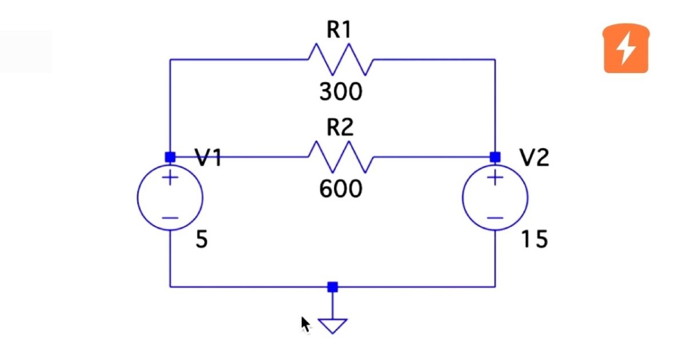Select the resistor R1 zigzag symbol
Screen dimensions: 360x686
coord(341,59)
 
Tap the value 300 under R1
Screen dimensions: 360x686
coord(341,91)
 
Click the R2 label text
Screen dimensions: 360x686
coord(340,129)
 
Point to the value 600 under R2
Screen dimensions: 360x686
coord(341,189)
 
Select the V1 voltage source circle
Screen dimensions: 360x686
coord(170,197)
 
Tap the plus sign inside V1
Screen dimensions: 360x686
coord(170,178)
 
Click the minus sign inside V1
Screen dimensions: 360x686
coord(170,218)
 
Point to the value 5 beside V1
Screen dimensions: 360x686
coord(202,241)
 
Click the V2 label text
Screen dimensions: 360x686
coord(534,158)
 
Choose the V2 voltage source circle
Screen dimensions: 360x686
coord(495,197)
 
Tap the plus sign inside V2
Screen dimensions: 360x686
coord(495,178)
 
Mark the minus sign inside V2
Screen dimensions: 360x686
coord(495,218)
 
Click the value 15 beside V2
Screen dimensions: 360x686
coord(534,241)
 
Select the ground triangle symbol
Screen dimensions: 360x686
coord(333,326)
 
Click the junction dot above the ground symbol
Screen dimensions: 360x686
coord(333,287)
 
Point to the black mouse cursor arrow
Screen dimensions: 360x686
coord(305,325)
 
